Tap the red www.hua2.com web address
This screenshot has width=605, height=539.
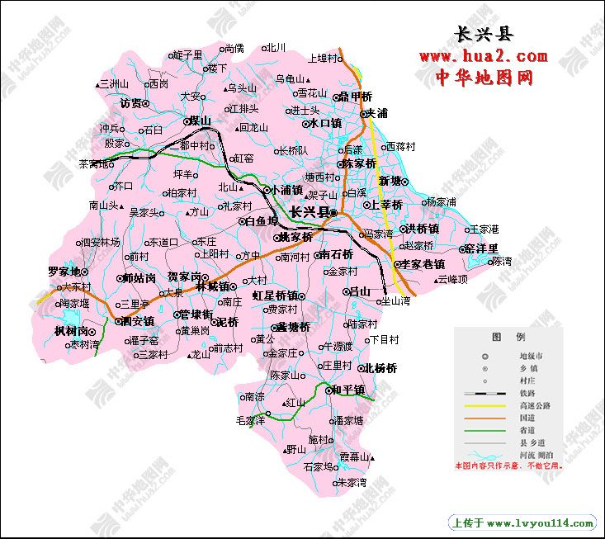click(483, 56)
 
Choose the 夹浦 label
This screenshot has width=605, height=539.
click(376, 113)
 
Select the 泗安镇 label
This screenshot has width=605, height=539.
click(137, 320)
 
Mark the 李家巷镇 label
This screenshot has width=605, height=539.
click(423, 264)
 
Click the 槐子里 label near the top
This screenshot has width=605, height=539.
click(188, 54)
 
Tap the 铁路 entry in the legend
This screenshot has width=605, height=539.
click(526, 393)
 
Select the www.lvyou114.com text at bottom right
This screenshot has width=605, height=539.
click(540, 522)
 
